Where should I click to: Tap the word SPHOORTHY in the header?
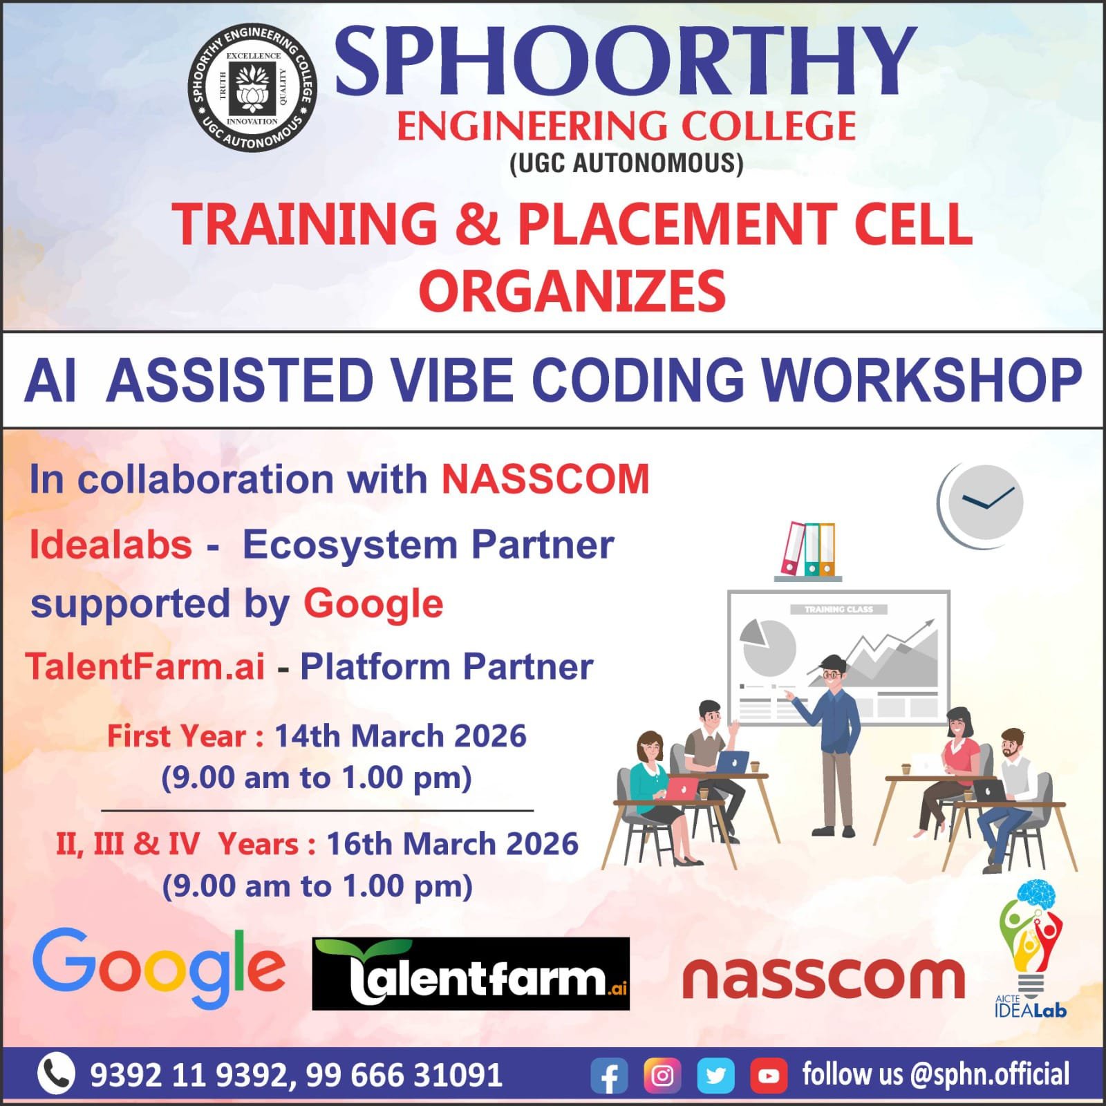pyautogui.click(x=626, y=62)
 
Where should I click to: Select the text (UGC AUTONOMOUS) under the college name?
pyautogui.click(x=626, y=163)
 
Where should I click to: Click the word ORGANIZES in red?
pyautogui.click(x=572, y=291)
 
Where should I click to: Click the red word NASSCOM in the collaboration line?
pyautogui.click(x=545, y=479)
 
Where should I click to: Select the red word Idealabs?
pyautogui.click(x=111, y=545)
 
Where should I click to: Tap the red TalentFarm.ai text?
pyautogui.click(x=145, y=667)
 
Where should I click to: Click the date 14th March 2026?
pyautogui.click(x=401, y=736)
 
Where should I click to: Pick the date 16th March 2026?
pyautogui.click(x=452, y=844)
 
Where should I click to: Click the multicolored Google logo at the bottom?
pyautogui.click(x=158, y=969)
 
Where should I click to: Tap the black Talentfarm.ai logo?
pyautogui.click(x=471, y=974)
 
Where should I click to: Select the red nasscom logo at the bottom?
pyautogui.click(x=823, y=978)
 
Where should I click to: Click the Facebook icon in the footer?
pyautogui.click(x=609, y=1076)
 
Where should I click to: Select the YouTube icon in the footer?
pyautogui.click(x=769, y=1076)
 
